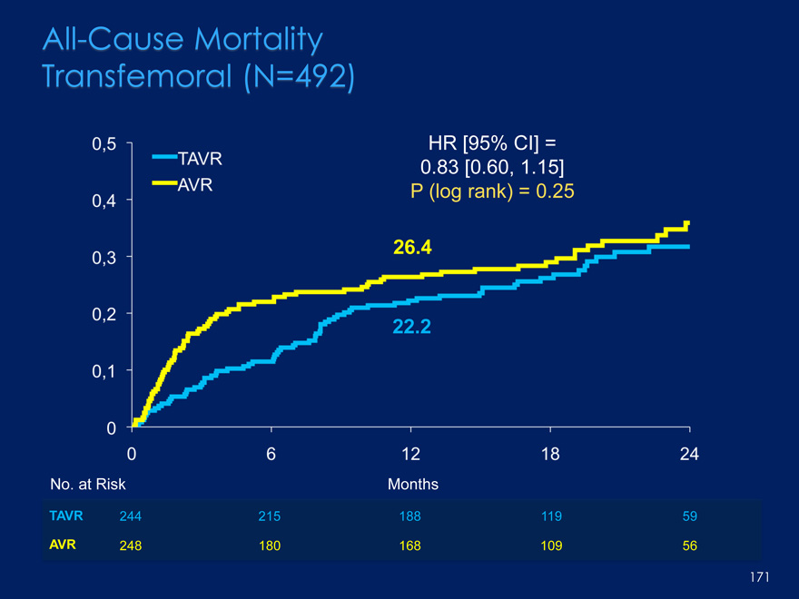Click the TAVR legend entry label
pyautogui.click(x=201, y=160)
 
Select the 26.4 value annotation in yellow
pyautogui.click(x=412, y=246)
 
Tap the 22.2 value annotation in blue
pyautogui.click(x=412, y=328)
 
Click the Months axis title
pyautogui.click(x=413, y=485)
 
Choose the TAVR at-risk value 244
pyautogui.click(x=132, y=516)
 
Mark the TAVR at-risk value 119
pyautogui.click(x=550, y=516)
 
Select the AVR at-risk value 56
pyautogui.click(x=690, y=545)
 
